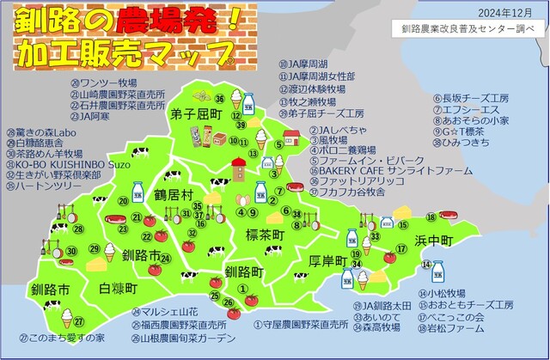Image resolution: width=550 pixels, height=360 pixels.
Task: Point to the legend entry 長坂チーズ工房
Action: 478,98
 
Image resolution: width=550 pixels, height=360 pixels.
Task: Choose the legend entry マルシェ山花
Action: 169,312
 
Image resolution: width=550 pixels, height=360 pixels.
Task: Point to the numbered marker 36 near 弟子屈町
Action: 219,98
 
